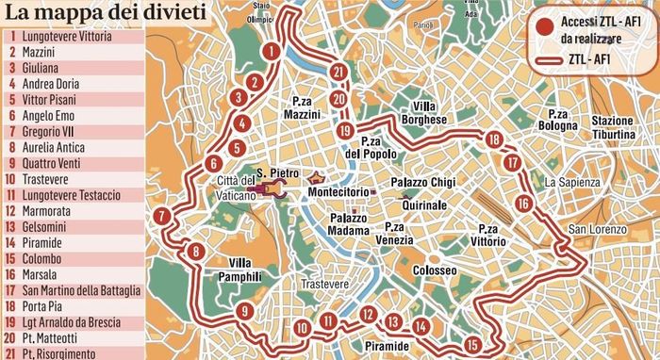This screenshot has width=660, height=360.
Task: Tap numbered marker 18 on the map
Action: [493, 139]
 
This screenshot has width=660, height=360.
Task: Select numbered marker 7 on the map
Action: [162, 216]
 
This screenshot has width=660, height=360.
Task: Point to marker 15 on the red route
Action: [472, 343]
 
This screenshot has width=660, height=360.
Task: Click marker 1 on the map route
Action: [271, 51]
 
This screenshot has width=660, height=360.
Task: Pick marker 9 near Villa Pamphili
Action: [244, 312]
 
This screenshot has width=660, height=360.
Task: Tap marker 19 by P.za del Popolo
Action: [347, 131]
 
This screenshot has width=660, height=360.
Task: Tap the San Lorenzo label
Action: [596, 230]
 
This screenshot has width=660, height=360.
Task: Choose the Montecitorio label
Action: [338, 192]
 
